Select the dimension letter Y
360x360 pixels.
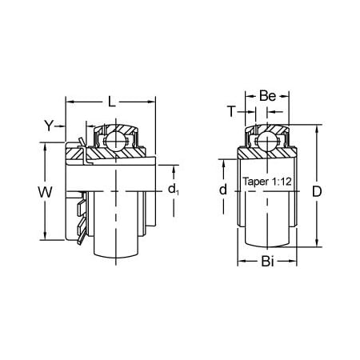(x=49, y=125)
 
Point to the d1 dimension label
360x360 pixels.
(x=174, y=189)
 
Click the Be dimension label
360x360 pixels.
(x=268, y=96)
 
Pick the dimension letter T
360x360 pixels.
(x=233, y=112)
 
